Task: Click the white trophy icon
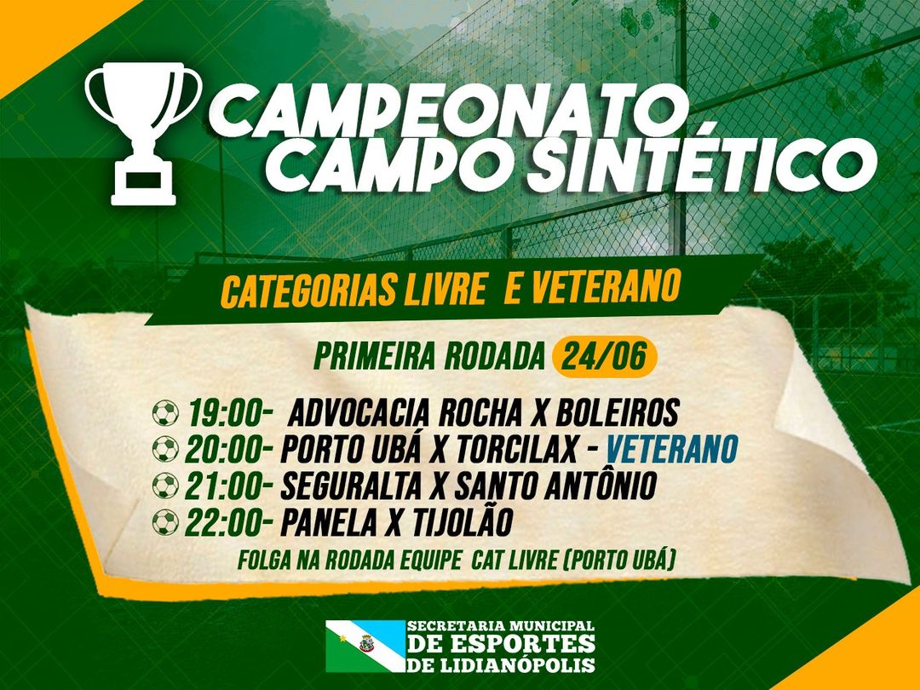[143, 134]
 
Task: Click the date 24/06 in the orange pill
[604, 356]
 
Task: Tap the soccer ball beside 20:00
[165, 450]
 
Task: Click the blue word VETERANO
[671, 449]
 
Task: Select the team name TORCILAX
[517, 450]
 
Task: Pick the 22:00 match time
[228, 522]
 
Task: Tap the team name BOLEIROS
[617, 412]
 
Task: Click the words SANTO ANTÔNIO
[555, 485]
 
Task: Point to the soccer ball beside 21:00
[165, 486]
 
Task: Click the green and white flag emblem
[365, 646]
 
